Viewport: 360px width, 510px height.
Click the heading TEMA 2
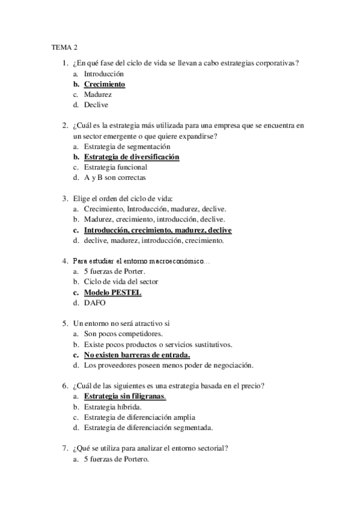click(63, 46)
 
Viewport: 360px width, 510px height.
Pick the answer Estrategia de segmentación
click(127, 146)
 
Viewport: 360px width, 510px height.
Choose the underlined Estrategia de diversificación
click(131, 157)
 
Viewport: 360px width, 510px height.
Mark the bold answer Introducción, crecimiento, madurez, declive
click(157, 230)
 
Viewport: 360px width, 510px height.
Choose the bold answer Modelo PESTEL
click(112, 292)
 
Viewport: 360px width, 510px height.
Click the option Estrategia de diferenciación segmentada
click(148, 428)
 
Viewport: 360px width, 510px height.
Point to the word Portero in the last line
click(133, 460)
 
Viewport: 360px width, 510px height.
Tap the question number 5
click(64, 323)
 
